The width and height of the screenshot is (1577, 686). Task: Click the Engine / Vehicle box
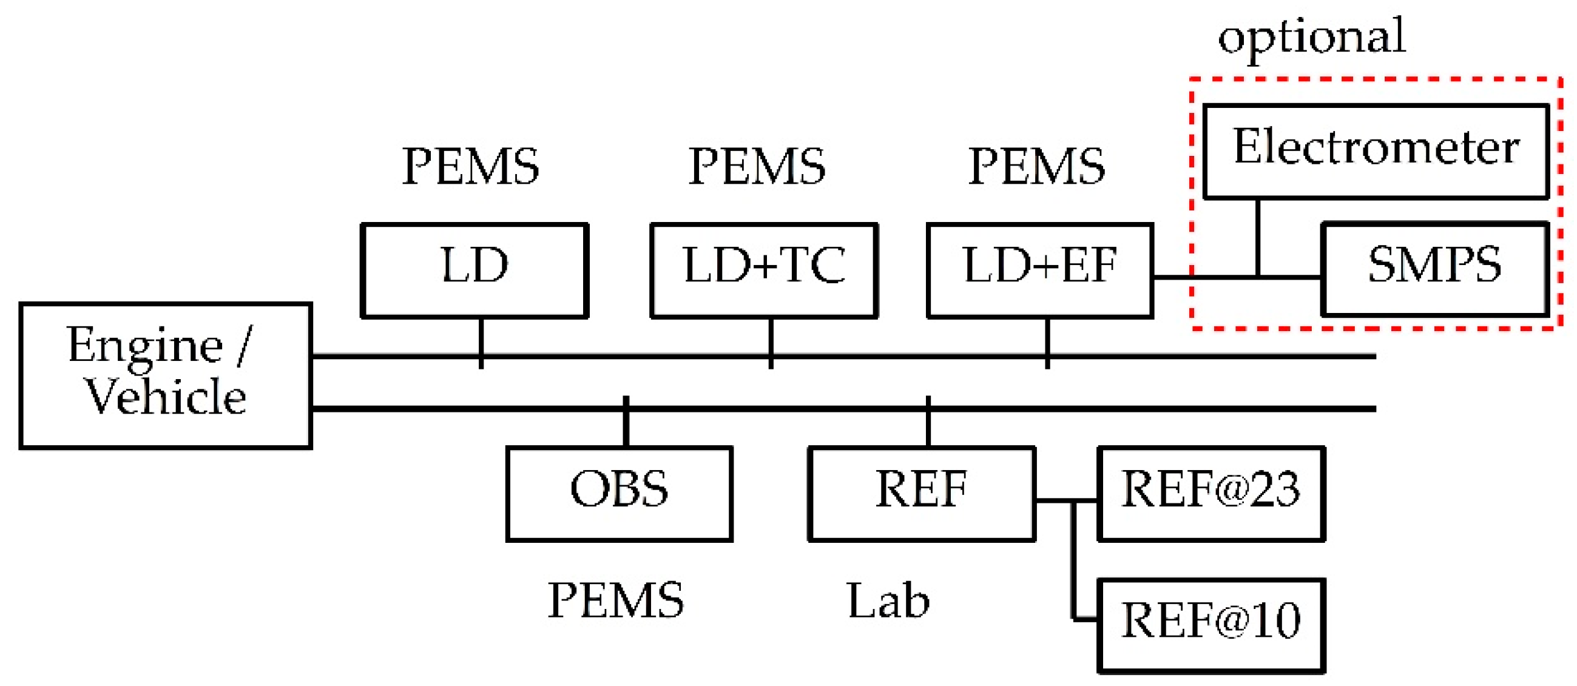click(x=165, y=375)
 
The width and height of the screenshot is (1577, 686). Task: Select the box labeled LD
click(x=474, y=271)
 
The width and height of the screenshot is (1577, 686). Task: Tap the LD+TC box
click(x=764, y=271)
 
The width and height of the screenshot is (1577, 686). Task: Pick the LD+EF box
click(x=1040, y=271)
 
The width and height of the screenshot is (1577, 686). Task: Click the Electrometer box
click(x=1376, y=151)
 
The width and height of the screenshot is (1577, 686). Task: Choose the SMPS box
click(x=1434, y=269)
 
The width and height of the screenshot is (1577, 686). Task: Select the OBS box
click(x=619, y=493)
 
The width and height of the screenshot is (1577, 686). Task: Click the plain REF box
click(x=921, y=493)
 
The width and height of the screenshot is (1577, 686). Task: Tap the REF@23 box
click(x=1211, y=493)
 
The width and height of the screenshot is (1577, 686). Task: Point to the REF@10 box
click(x=1211, y=625)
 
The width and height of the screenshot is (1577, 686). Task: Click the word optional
click(x=1311, y=37)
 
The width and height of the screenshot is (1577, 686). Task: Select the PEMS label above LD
click(x=470, y=166)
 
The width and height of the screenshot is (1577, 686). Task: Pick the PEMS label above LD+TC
click(x=757, y=166)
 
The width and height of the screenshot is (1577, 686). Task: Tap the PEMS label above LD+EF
click(x=1036, y=166)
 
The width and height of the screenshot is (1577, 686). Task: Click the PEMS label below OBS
click(x=615, y=600)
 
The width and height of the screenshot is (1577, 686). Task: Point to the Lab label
click(x=888, y=600)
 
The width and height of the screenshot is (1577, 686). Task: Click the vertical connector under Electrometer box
click(x=1257, y=237)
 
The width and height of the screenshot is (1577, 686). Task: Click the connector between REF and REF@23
click(x=1065, y=500)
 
